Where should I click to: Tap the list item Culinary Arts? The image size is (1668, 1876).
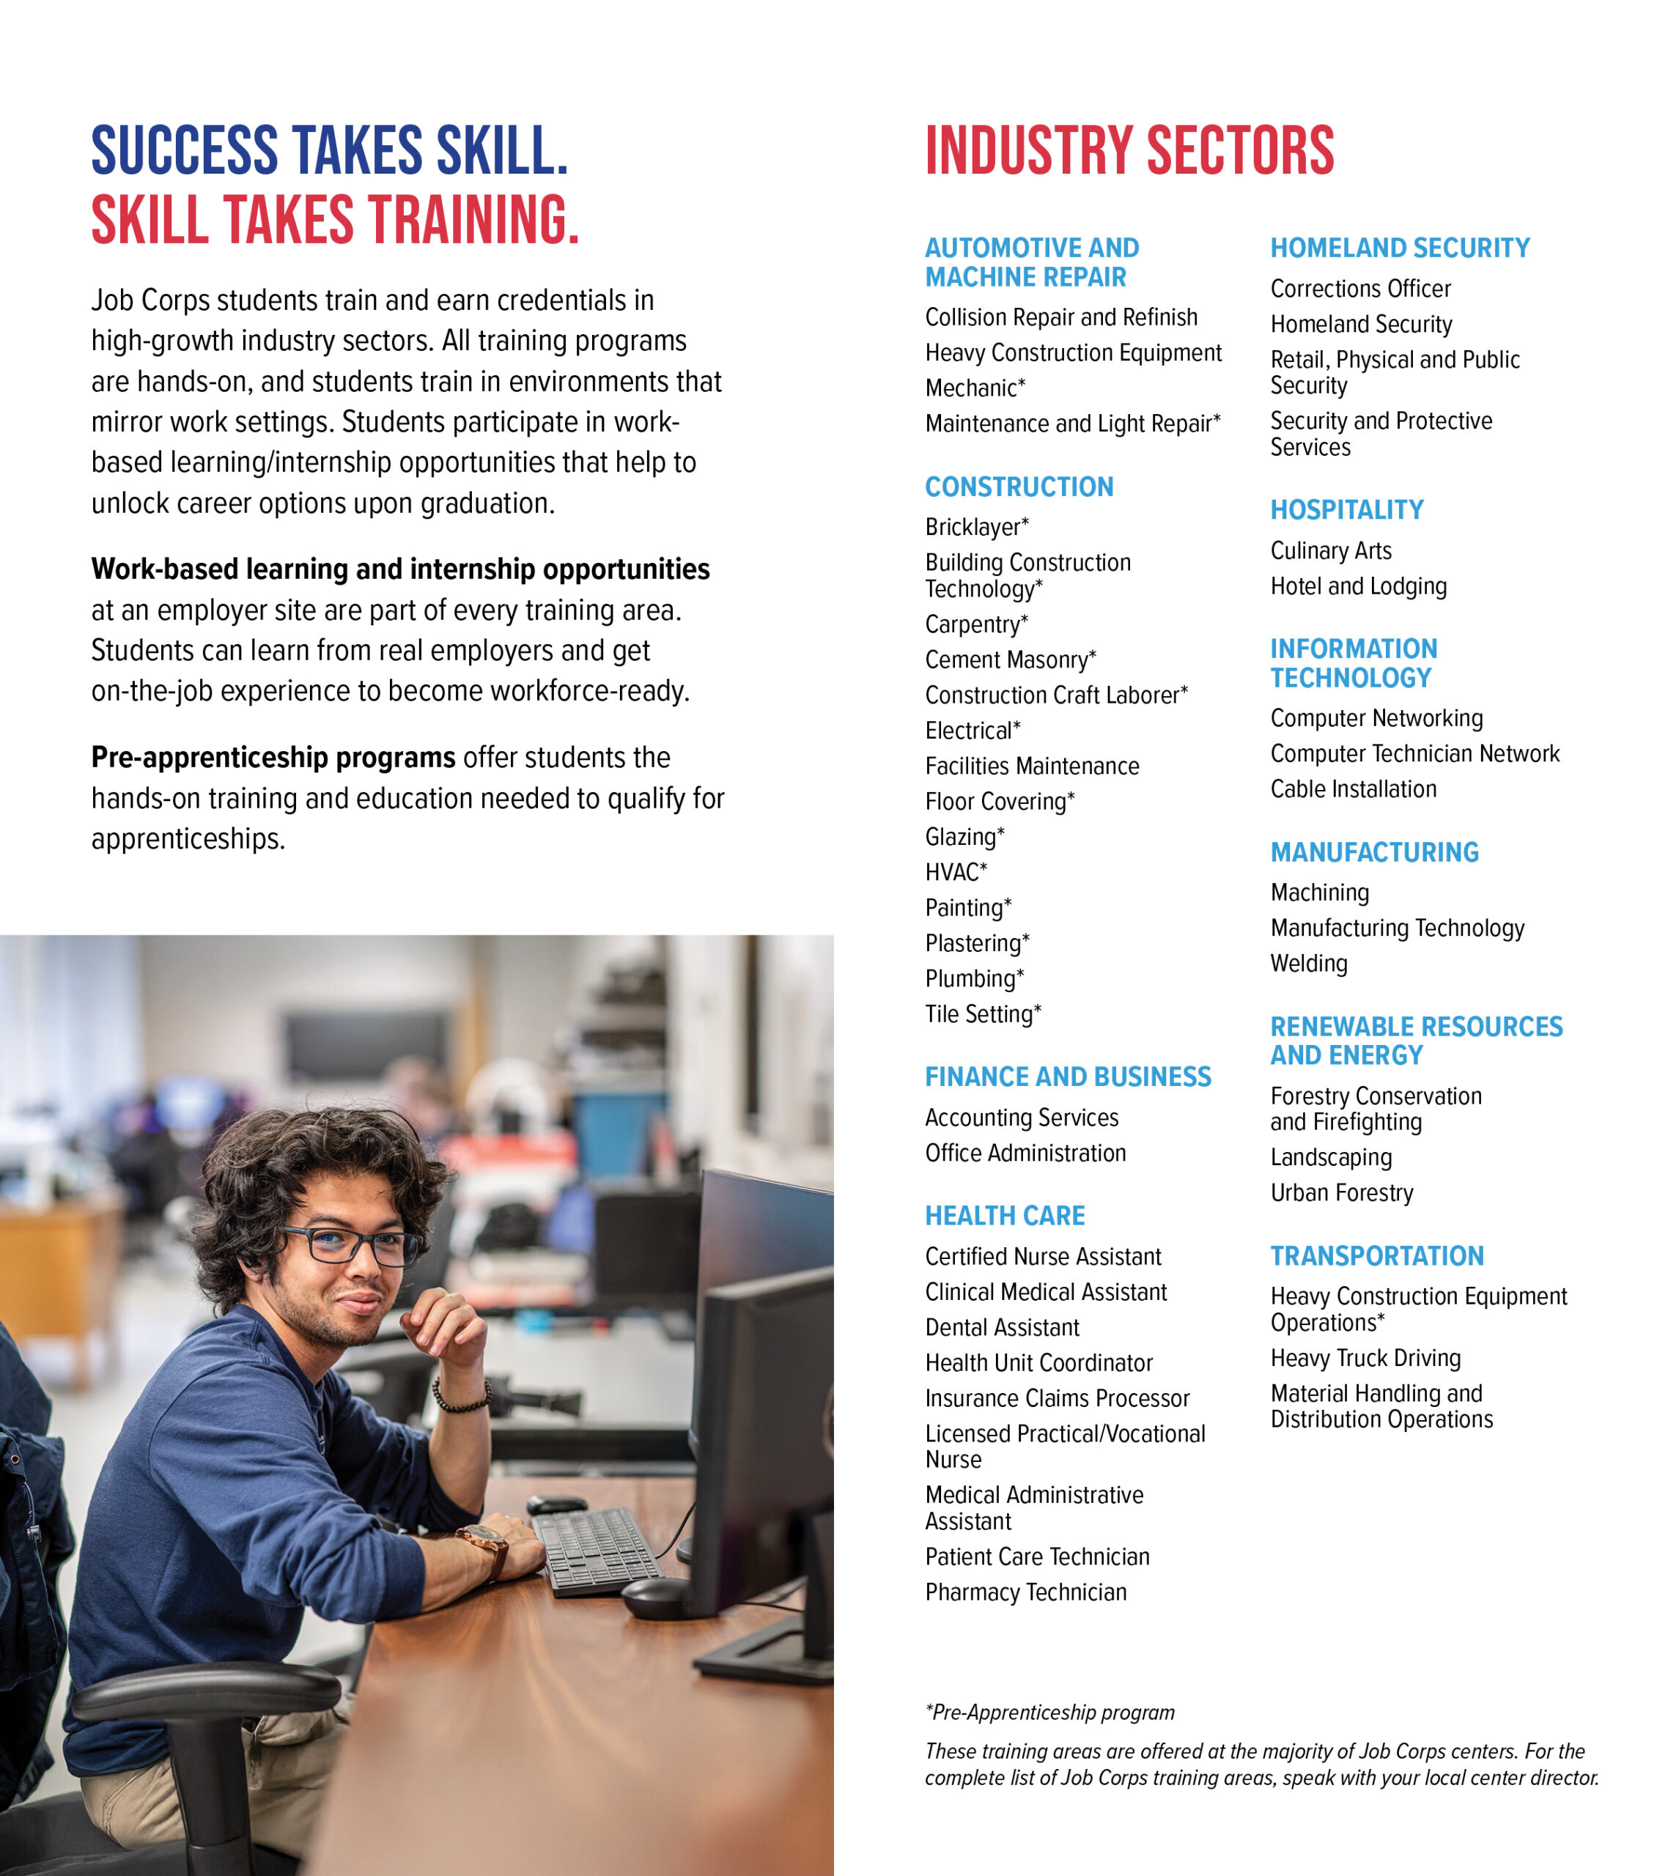click(1330, 550)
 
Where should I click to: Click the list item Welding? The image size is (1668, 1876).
click(1308, 964)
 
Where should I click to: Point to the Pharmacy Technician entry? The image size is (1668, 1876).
click(1025, 1592)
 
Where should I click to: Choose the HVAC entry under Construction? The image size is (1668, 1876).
click(955, 872)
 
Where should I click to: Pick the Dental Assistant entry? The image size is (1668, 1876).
click(1002, 1327)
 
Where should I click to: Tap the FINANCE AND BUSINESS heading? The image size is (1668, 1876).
click(1068, 1077)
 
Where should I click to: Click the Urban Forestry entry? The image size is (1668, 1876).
click(1341, 1192)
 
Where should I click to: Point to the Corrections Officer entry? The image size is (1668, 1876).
click(1359, 289)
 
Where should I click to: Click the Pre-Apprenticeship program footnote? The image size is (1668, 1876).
click(1049, 1712)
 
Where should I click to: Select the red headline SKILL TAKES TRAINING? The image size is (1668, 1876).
click(335, 221)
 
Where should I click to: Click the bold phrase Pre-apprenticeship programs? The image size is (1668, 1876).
click(273, 757)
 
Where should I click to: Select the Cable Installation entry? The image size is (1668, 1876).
click(1352, 789)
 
